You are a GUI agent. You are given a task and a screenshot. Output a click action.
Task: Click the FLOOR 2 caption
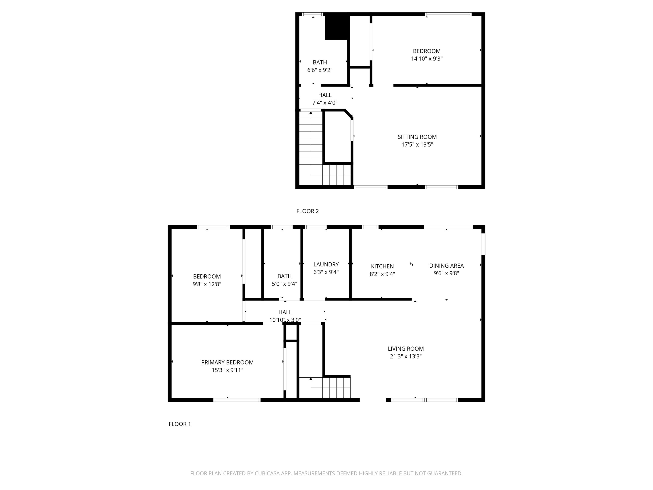pyautogui.click(x=307, y=211)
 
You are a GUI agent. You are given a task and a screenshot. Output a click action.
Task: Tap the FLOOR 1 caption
pyautogui.click(x=180, y=424)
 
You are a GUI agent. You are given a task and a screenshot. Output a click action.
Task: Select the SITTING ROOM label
pyautogui.click(x=417, y=137)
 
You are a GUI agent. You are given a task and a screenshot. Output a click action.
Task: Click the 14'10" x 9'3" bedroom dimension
pyautogui.click(x=427, y=59)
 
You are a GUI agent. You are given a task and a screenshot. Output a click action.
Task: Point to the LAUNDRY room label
pyautogui.click(x=326, y=264)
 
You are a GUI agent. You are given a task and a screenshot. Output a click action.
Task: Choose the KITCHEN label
pyautogui.click(x=382, y=266)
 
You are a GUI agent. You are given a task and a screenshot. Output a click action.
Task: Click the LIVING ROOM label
pyautogui.click(x=406, y=348)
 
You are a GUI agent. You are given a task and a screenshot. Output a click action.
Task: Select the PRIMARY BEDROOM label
pyautogui.click(x=227, y=362)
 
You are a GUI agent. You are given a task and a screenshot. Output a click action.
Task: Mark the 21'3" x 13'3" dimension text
pyautogui.click(x=406, y=356)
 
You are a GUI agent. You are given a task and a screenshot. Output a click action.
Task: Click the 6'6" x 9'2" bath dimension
pyautogui.click(x=320, y=70)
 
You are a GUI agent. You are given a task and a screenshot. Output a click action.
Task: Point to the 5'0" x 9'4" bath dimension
pyautogui.click(x=284, y=284)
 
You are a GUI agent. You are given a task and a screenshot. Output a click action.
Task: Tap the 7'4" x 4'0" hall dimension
pyautogui.click(x=325, y=103)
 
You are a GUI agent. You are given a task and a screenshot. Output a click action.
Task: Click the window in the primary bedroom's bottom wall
pyautogui.click(x=237, y=400)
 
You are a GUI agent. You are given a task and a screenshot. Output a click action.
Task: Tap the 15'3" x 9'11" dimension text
pyautogui.click(x=227, y=370)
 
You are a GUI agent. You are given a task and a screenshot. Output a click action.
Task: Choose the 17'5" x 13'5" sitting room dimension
pyautogui.click(x=417, y=144)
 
